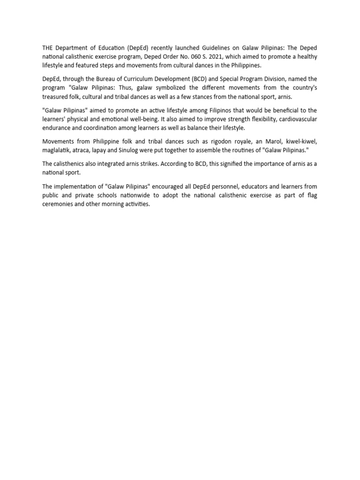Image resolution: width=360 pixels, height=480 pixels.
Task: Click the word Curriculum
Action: [140, 79]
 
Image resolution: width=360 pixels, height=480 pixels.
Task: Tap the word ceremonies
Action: [59, 204]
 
